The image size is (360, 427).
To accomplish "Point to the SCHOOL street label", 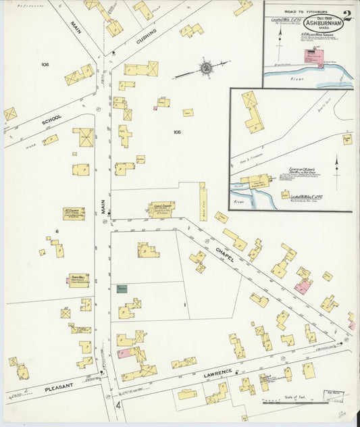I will point(52,119).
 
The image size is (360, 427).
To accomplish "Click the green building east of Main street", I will point(122,288).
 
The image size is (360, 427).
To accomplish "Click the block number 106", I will point(45,65).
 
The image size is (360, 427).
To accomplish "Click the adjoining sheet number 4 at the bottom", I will point(119,406).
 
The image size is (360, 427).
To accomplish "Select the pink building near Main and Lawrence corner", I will point(124,353).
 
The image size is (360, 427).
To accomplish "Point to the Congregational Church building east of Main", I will point(161,209).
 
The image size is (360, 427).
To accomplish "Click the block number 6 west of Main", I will point(57,231).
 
